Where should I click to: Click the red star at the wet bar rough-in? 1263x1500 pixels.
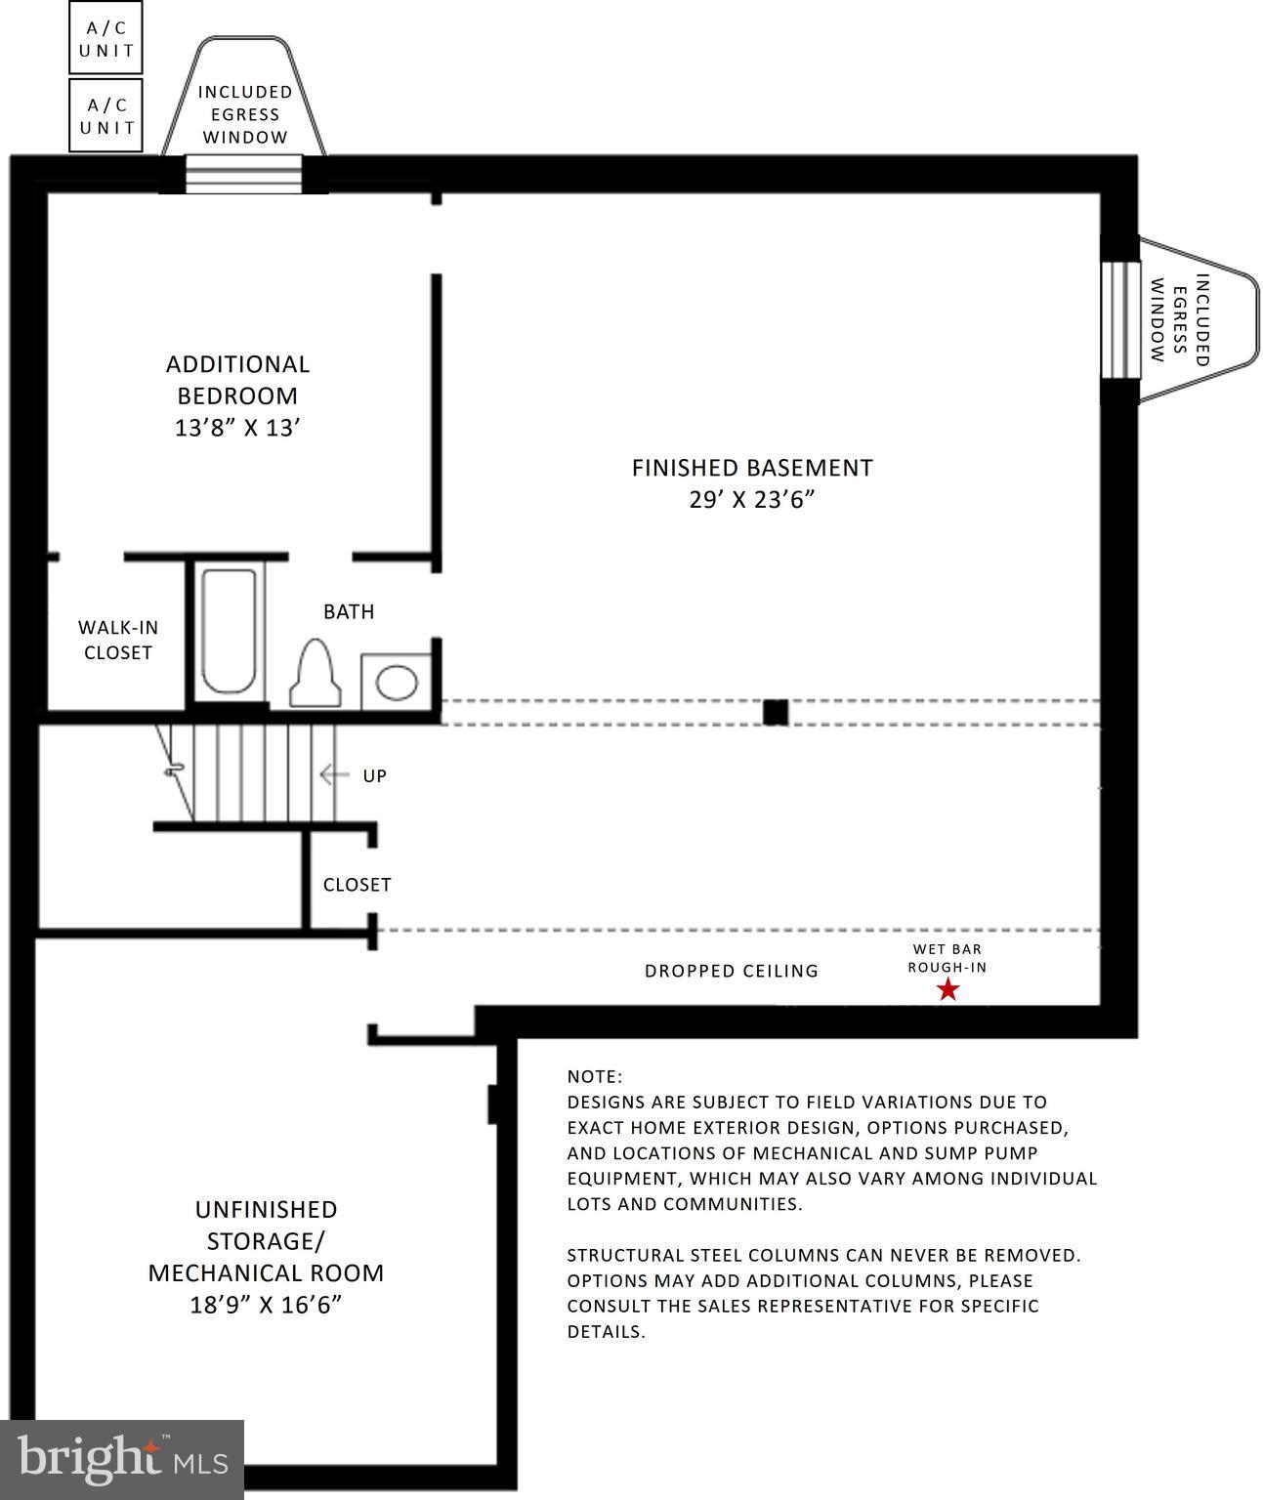pos(947,990)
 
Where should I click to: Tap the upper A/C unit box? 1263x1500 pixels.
pos(105,38)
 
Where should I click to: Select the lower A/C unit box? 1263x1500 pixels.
pos(105,116)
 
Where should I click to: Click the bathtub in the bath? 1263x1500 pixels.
pos(230,631)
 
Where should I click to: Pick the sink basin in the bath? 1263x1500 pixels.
pos(397,682)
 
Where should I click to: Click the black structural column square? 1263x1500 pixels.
pos(776,712)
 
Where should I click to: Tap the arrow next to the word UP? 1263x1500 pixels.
pos(334,775)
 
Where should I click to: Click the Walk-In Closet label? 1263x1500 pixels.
pos(117,640)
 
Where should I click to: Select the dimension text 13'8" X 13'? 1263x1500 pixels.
pos(237,428)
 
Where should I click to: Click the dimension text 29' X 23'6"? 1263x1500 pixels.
pos(751,500)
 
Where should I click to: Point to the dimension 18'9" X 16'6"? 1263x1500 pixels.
pos(266,1305)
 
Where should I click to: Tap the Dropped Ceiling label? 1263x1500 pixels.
pos(731,971)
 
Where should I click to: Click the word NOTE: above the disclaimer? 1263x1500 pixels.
pos(594,1076)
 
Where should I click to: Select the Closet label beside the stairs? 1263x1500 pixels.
pos(357,885)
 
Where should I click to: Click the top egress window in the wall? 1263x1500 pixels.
pos(244,175)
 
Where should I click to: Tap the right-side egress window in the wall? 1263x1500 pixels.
pos(1120,319)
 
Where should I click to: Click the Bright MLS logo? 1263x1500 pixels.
pos(122,1459)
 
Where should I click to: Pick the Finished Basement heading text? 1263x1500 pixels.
pos(751,468)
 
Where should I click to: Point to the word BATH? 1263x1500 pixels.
pos(349,611)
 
